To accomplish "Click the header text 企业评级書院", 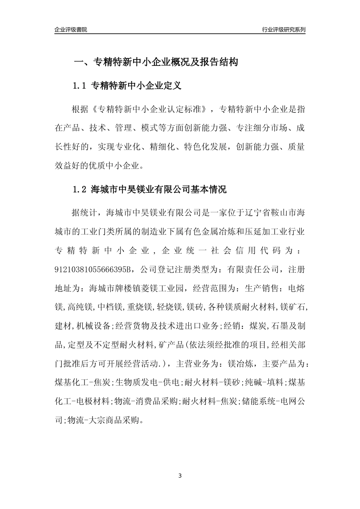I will coord(71,30).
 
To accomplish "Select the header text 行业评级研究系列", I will coord(283,30).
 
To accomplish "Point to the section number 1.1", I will coord(80,86).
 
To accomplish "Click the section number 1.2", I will coord(80,189).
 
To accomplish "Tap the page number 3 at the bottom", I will coord(180,475).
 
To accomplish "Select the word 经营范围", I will coord(213,288).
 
